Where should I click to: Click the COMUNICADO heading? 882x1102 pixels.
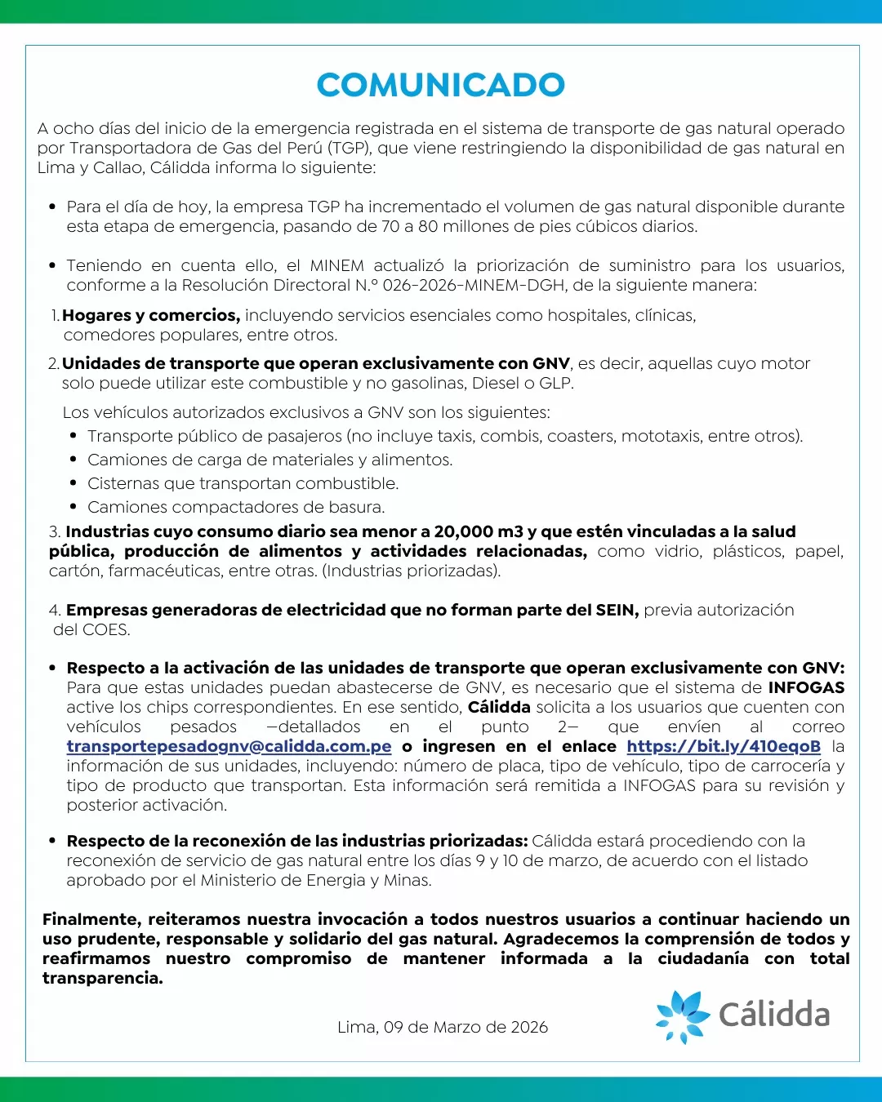pos(441,85)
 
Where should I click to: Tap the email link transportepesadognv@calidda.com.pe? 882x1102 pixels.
pos(229,746)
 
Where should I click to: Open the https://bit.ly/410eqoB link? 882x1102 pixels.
pos(724,746)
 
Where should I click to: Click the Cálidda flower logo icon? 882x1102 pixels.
pos(682,1016)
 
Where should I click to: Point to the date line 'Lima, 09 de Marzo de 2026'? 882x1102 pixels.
pos(442,1027)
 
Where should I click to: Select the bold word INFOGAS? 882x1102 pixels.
pos(806,687)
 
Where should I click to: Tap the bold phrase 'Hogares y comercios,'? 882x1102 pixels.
pos(151,315)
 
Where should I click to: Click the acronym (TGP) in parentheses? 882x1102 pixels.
pos(350,148)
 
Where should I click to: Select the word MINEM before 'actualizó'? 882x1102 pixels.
pos(336,265)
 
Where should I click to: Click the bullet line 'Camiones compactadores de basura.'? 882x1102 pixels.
pos(236,507)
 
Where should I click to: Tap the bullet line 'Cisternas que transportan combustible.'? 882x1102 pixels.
pos(243,483)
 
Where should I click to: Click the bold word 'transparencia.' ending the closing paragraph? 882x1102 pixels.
pos(103,978)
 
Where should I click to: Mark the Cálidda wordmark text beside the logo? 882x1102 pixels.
pos(774,1015)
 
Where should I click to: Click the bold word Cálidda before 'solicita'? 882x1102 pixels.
pos(499,707)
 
